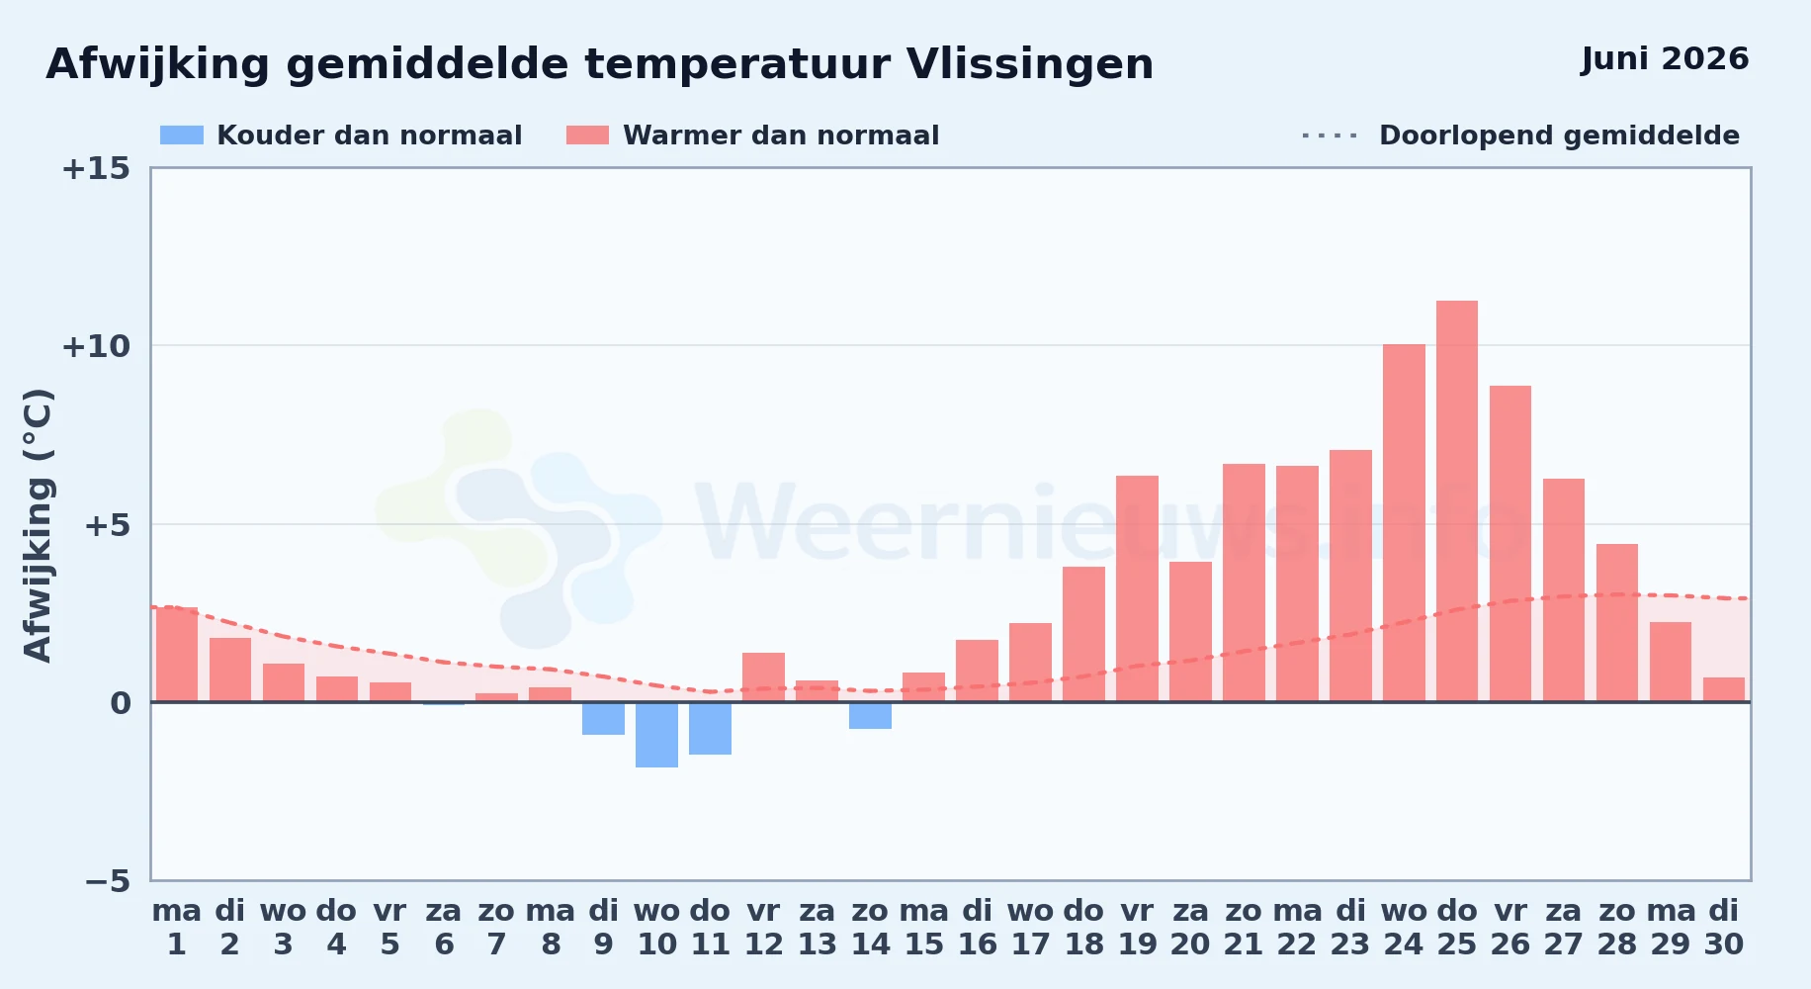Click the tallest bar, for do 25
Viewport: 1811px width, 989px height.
click(1457, 501)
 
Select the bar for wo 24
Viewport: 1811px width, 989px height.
click(1404, 523)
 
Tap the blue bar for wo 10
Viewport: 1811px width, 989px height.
click(656, 735)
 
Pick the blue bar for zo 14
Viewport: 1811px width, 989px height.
click(870, 715)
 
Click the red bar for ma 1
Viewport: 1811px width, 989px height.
click(177, 655)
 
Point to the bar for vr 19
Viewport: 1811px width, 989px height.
click(1137, 588)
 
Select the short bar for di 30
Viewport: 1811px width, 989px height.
click(1724, 689)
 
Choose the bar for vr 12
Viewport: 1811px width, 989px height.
click(763, 677)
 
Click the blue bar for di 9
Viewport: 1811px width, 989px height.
click(603, 718)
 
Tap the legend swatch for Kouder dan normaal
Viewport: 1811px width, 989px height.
click(182, 135)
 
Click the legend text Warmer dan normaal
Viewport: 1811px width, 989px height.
click(781, 135)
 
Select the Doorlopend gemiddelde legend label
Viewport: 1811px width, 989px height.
click(1559, 135)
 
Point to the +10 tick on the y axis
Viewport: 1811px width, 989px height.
click(96, 346)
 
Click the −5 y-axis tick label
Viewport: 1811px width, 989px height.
click(108, 880)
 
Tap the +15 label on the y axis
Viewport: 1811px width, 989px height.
click(96, 168)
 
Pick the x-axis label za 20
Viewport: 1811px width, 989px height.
click(1190, 928)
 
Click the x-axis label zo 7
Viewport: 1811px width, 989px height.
click(496, 928)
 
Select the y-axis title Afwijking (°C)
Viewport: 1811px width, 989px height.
click(38, 524)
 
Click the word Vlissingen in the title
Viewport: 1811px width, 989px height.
click(1030, 65)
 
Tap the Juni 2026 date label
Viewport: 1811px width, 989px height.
click(1665, 59)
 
